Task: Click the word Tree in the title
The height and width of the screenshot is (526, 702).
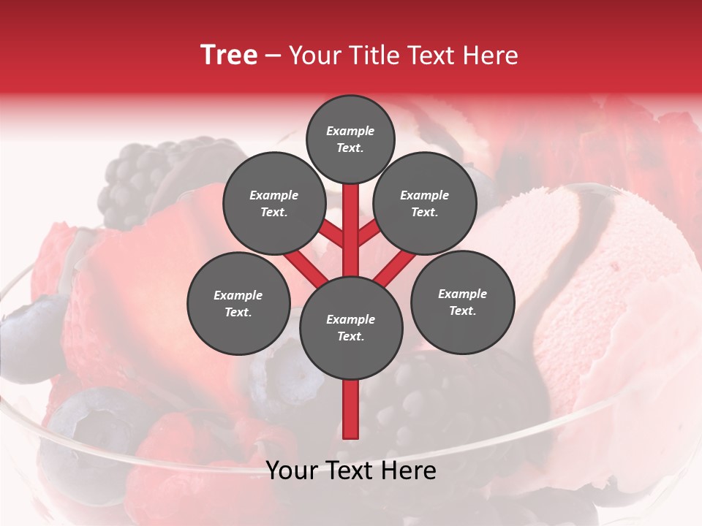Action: click(x=229, y=56)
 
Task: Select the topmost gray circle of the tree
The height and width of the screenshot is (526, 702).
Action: click(x=350, y=139)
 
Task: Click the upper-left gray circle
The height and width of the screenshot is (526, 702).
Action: click(x=273, y=203)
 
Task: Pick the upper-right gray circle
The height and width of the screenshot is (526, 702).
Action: click(x=424, y=203)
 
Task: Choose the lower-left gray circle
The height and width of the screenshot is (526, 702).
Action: click(x=238, y=303)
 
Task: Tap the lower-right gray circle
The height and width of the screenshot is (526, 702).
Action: click(x=462, y=302)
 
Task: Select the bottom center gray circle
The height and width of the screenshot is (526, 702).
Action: click(x=351, y=328)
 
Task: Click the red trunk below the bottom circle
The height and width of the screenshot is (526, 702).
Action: click(x=351, y=409)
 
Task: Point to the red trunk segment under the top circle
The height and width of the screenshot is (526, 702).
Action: click(x=351, y=219)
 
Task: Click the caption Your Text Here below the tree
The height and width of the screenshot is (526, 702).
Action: click(x=351, y=470)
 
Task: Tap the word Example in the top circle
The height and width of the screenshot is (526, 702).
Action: click(x=350, y=131)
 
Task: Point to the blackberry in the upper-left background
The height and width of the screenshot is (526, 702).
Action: click(x=139, y=175)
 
